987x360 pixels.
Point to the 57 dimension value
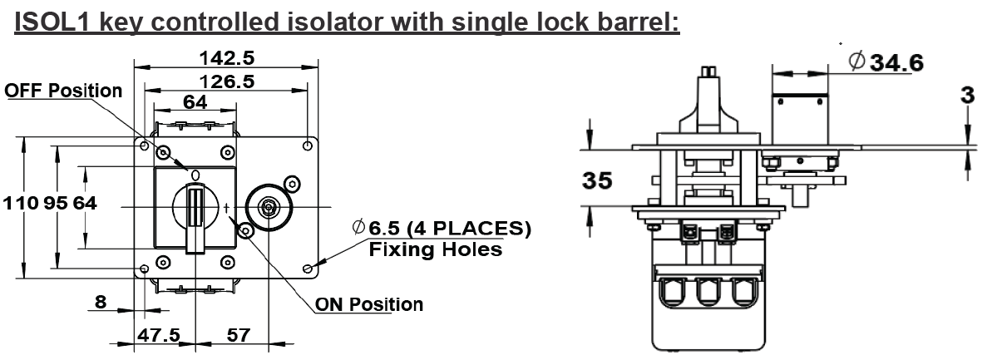click(238, 335)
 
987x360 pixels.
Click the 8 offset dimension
click(101, 302)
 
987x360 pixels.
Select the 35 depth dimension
click(597, 180)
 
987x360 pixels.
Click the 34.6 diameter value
click(896, 62)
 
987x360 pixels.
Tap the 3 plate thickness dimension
click(968, 96)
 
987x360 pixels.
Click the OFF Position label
click(63, 91)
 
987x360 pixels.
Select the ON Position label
click(369, 304)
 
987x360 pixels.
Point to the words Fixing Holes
click(436, 250)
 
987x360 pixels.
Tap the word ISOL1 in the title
click(52, 22)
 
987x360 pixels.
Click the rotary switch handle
click(195, 217)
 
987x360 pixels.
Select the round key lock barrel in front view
click(269, 207)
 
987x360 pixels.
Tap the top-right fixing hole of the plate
click(307, 146)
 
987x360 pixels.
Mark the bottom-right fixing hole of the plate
click(307, 269)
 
